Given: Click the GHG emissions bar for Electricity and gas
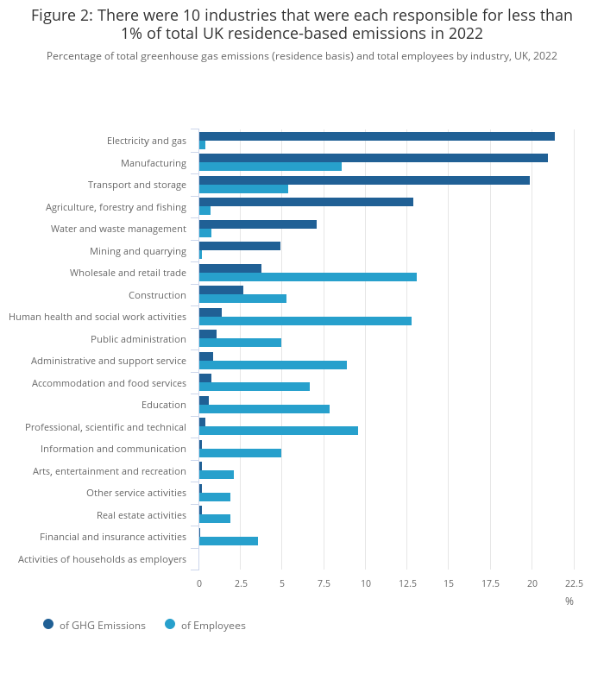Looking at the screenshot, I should coord(376,136).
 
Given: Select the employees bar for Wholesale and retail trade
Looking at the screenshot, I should coord(307,277).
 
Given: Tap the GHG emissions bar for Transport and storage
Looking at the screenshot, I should coord(364,180).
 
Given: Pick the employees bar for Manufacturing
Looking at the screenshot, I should coord(270,167).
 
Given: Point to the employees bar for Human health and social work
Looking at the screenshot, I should coord(305,321).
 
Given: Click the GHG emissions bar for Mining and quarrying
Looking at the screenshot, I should coord(239,246).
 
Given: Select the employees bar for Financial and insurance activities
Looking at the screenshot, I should coord(228,541).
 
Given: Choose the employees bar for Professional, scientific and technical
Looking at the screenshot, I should coord(278,431).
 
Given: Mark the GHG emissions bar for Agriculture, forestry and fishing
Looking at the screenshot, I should coord(305,202).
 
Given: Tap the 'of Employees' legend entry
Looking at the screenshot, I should coord(212,626).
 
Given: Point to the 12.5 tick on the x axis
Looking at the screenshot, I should coord(407,583).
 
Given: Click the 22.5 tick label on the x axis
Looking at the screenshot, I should coord(574,583).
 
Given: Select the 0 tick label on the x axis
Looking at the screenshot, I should coord(199,583).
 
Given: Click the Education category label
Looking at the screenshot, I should coord(164,405).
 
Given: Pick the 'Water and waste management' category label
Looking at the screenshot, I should coord(118,229).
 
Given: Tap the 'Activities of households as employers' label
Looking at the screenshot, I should coord(102,559).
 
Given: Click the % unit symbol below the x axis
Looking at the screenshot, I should coord(569,601).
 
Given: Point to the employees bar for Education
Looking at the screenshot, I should coord(264,409).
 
